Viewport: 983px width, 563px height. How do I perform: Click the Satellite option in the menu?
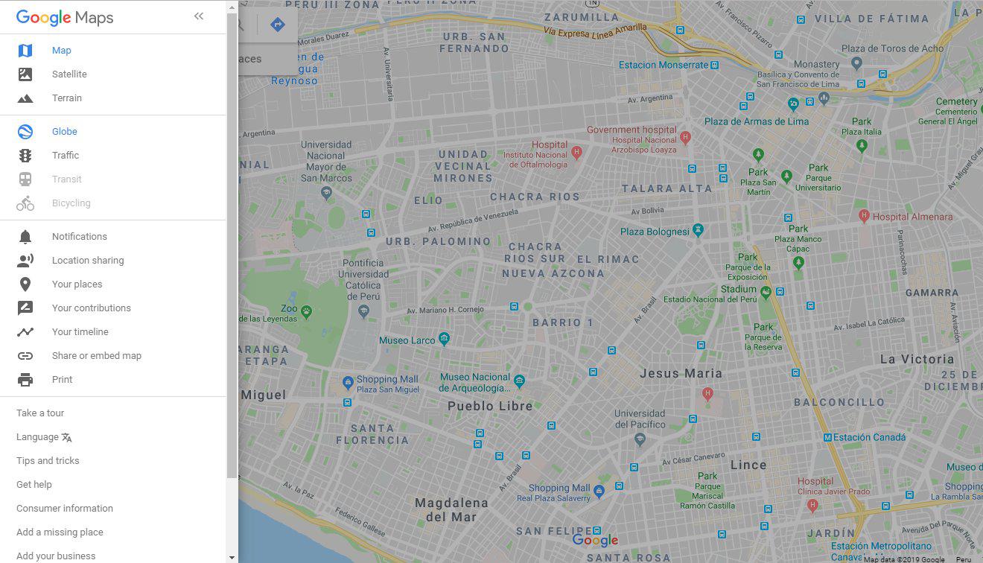tap(69, 74)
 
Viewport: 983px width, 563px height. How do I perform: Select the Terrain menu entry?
tap(67, 98)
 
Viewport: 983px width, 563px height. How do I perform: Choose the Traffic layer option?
tap(66, 156)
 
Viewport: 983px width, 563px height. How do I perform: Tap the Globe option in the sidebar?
tap(65, 132)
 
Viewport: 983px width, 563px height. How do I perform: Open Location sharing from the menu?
tap(88, 261)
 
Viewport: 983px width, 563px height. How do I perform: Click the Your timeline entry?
tap(80, 332)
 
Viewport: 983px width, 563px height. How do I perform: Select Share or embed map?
tap(97, 356)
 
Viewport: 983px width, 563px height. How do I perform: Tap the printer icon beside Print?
tap(25, 380)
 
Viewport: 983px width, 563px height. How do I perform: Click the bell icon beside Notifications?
tap(25, 237)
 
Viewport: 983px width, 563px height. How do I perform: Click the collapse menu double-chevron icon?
tap(199, 16)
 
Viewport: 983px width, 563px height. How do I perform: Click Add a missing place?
tap(60, 532)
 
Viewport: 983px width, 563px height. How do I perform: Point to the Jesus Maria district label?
tap(681, 374)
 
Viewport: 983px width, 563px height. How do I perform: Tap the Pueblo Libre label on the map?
tap(490, 407)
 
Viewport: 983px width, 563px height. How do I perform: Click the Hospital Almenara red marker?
tap(864, 216)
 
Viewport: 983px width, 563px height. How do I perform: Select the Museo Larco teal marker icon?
tap(445, 340)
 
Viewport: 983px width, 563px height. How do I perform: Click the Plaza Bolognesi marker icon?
tap(698, 230)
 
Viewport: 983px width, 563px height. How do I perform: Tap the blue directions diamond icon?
tap(278, 25)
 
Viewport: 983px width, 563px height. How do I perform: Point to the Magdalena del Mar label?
tap(451, 509)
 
